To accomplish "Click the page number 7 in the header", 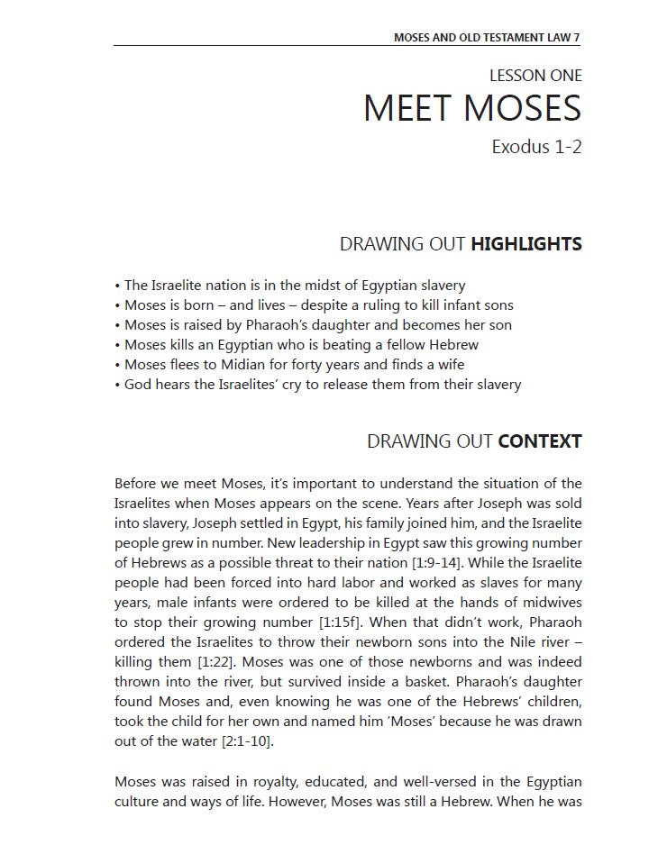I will coord(577,38).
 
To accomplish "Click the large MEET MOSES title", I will coord(471,109).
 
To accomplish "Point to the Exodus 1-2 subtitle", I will coord(536,146).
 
